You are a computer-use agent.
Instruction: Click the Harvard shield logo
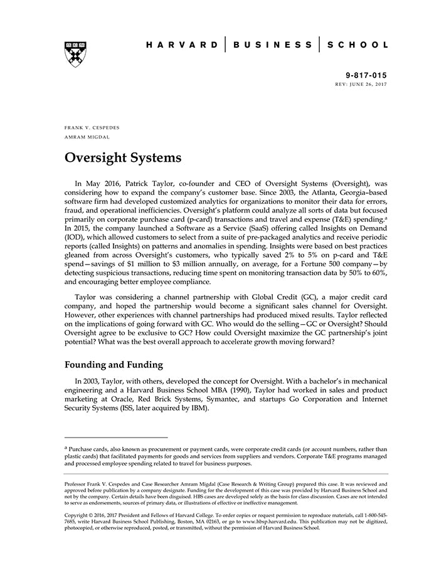75,54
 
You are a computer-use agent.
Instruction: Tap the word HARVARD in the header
182,45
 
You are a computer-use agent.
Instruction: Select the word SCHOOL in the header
358,45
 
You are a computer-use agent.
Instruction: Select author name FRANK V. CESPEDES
92,127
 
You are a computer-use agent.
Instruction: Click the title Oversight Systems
123,157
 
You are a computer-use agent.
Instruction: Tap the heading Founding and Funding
114,364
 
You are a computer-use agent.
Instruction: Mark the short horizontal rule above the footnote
116,438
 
